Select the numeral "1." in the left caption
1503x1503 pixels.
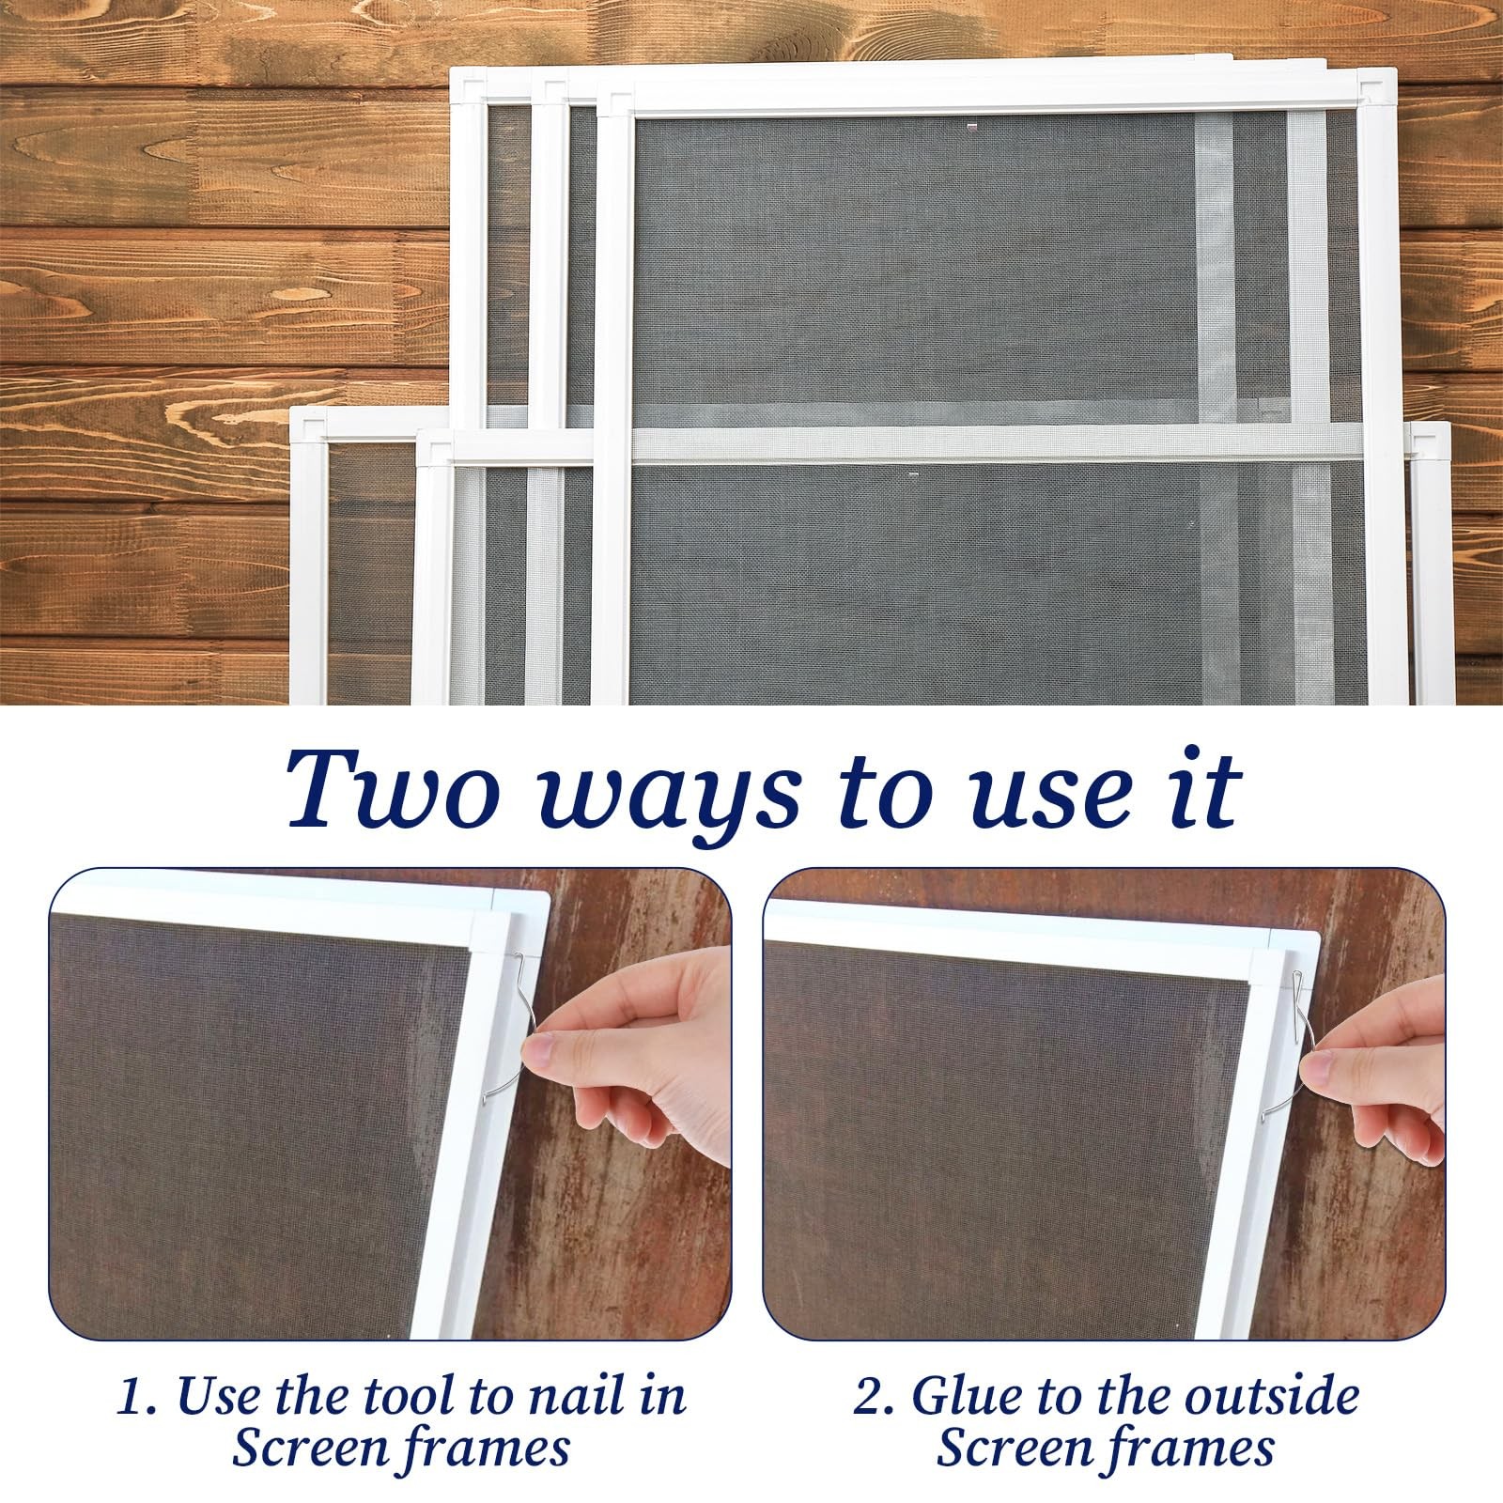[x=137, y=1397]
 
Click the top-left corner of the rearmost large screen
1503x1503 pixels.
[x=453, y=69]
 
